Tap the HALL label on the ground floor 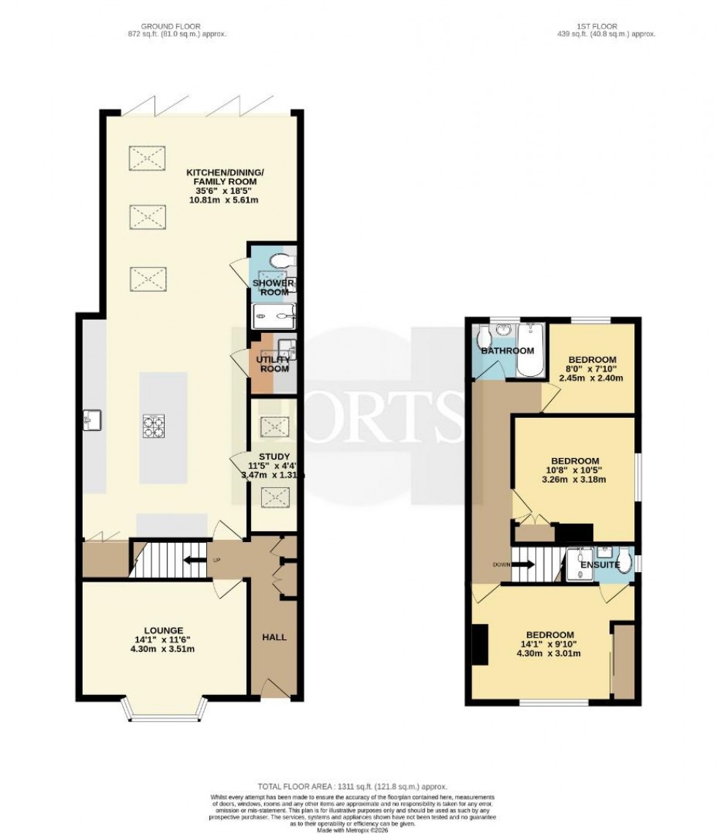point(274,637)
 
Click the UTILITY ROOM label point(273,364)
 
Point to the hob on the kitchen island point(154,426)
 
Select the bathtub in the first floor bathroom point(526,350)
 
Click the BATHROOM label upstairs point(507,351)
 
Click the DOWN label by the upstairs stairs point(501,565)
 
